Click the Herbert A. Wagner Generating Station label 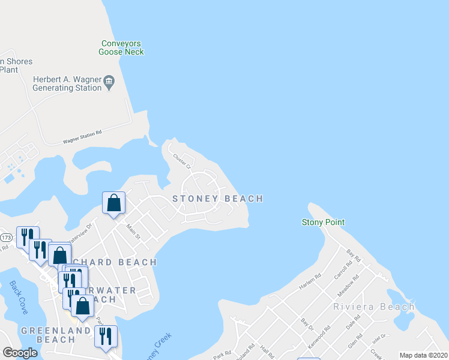pyautogui.click(x=67, y=83)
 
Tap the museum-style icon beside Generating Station pyautogui.click(x=109, y=80)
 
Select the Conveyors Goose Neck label pyautogui.click(x=122, y=47)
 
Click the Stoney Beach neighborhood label pyautogui.click(x=217, y=199)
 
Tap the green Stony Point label pyautogui.click(x=323, y=222)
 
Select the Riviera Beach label pyautogui.click(x=373, y=307)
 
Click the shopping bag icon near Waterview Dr pyautogui.click(x=113, y=203)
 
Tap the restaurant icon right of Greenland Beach pyautogui.click(x=106, y=337)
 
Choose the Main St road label pyautogui.click(x=133, y=232)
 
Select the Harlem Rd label pyautogui.click(x=311, y=281)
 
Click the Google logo pyautogui.click(x=20, y=353)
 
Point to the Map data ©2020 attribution pyautogui.click(x=424, y=355)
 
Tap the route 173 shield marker pyautogui.click(x=6, y=238)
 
